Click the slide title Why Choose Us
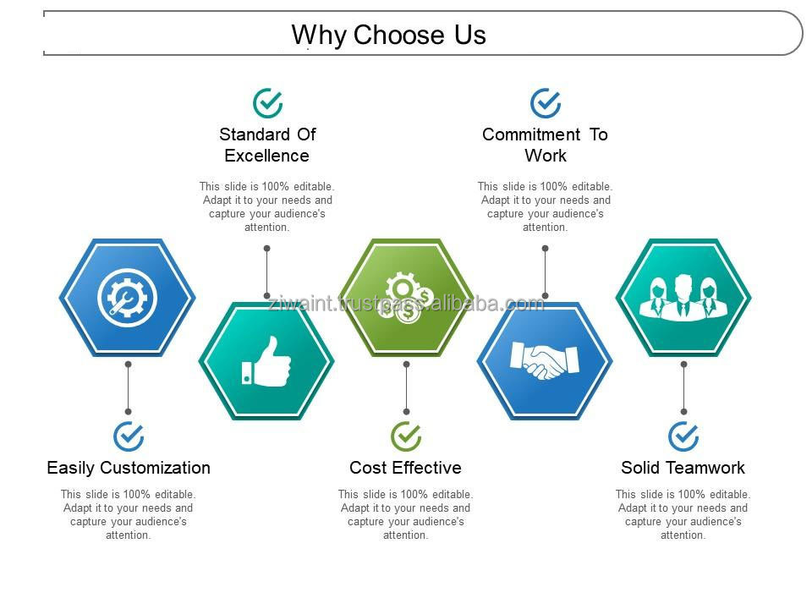[x=388, y=36]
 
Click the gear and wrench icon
[x=127, y=298]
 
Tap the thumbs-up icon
[x=266, y=361]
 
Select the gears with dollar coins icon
[x=408, y=298]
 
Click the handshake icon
[x=544, y=360]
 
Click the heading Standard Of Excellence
[x=267, y=145]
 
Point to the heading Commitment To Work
[x=545, y=145]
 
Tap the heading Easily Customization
[x=129, y=468]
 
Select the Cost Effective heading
[x=405, y=468]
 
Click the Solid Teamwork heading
[x=683, y=468]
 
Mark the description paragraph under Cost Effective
[x=405, y=515]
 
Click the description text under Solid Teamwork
[x=683, y=515]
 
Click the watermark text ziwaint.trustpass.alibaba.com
[x=406, y=304]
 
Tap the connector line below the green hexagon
[x=407, y=388]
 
